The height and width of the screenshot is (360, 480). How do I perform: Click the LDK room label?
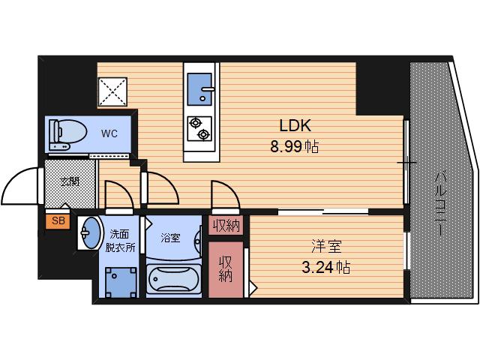[295, 125]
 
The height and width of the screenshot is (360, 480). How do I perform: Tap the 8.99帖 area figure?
[295, 147]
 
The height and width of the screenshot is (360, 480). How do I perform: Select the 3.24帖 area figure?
[326, 268]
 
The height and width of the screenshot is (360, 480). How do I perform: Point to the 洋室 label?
[326, 247]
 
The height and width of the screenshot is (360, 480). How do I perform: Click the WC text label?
[109, 133]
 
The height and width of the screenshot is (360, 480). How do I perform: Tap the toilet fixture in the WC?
[68, 134]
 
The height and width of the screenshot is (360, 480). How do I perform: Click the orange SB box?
[58, 221]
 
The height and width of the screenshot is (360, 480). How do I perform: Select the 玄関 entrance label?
[70, 181]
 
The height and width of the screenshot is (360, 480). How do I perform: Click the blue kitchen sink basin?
[199, 89]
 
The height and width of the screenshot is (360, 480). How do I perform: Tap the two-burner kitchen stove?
[199, 129]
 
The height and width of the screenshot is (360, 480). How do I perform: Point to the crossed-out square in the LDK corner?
[112, 91]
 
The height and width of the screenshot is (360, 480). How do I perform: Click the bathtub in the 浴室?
[173, 279]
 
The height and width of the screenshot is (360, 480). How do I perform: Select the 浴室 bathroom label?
[170, 238]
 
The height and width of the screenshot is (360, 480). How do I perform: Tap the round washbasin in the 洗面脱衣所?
[91, 233]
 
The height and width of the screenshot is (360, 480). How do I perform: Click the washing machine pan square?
[121, 282]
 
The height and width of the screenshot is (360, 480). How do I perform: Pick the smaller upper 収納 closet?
[226, 225]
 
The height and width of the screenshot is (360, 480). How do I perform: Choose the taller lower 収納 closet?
[226, 269]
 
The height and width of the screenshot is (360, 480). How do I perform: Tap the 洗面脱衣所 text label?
[120, 241]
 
